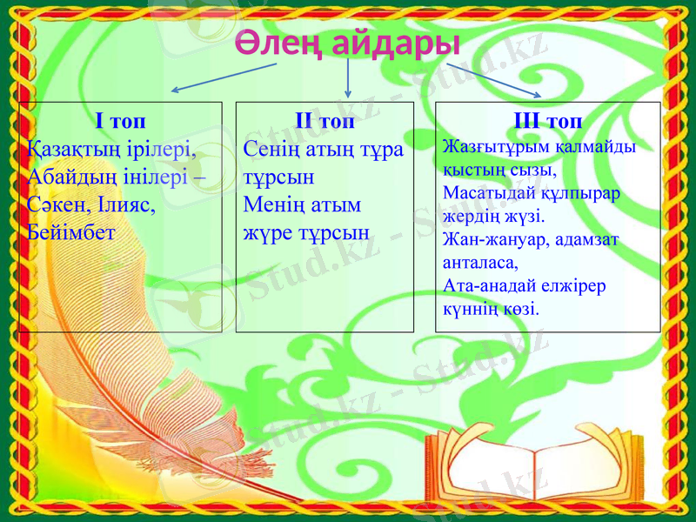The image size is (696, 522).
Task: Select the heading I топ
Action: coord(120,119)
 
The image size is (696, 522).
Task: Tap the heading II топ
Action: coord(324,119)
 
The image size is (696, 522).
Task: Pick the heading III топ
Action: coord(548,119)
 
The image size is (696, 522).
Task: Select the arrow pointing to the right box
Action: coord(495,79)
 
